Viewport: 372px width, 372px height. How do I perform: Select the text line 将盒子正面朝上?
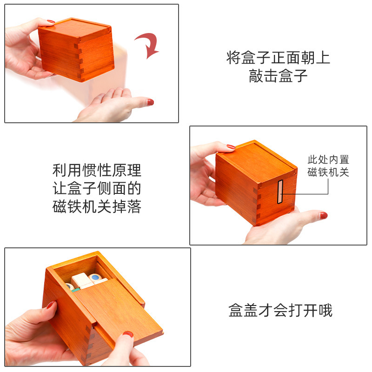point(278,58)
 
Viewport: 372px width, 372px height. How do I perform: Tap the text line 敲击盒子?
point(278,76)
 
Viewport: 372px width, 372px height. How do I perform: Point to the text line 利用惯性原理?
point(97,170)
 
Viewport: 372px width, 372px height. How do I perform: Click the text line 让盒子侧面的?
point(97,189)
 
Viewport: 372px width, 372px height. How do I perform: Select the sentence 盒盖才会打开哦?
point(280,310)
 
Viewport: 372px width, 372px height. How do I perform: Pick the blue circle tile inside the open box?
point(96,278)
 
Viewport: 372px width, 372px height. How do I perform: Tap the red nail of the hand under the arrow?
point(150,102)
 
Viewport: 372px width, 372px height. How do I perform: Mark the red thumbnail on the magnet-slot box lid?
point(231,147)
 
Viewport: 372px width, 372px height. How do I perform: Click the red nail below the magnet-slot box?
point(324,215)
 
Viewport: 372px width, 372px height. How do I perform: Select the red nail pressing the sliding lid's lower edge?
point(128,334)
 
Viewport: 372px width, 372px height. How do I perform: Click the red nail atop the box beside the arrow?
point(50,21)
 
